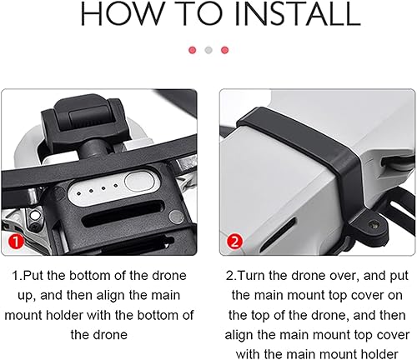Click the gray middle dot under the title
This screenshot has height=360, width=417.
pyautogui.click(x=208, y=50)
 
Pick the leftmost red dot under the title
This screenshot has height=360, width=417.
pyautogui.click(x=193, y=50)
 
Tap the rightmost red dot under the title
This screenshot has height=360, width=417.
pyautogui.click(x=224, y=50)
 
